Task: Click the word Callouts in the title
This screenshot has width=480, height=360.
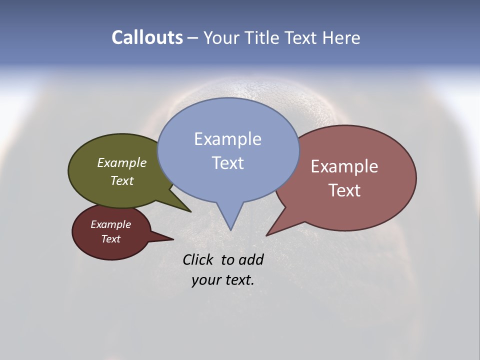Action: [x=147, y=38]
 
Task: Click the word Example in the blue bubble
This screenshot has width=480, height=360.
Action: [x=227, y=139]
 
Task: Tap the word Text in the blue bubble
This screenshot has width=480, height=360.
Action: [x=227, y=163]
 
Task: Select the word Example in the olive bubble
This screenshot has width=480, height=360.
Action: [x=122, y=163]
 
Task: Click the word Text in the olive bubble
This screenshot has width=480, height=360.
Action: [x=122, y=181]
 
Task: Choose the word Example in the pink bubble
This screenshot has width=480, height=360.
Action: [x=344, y=166]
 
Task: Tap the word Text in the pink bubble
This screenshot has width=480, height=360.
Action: [x=344, y=190]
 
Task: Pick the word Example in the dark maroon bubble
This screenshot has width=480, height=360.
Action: [x=110, y=224]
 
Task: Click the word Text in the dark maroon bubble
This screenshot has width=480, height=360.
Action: [x=110, y=239]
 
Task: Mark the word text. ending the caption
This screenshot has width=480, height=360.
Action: [x=238, y=279]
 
